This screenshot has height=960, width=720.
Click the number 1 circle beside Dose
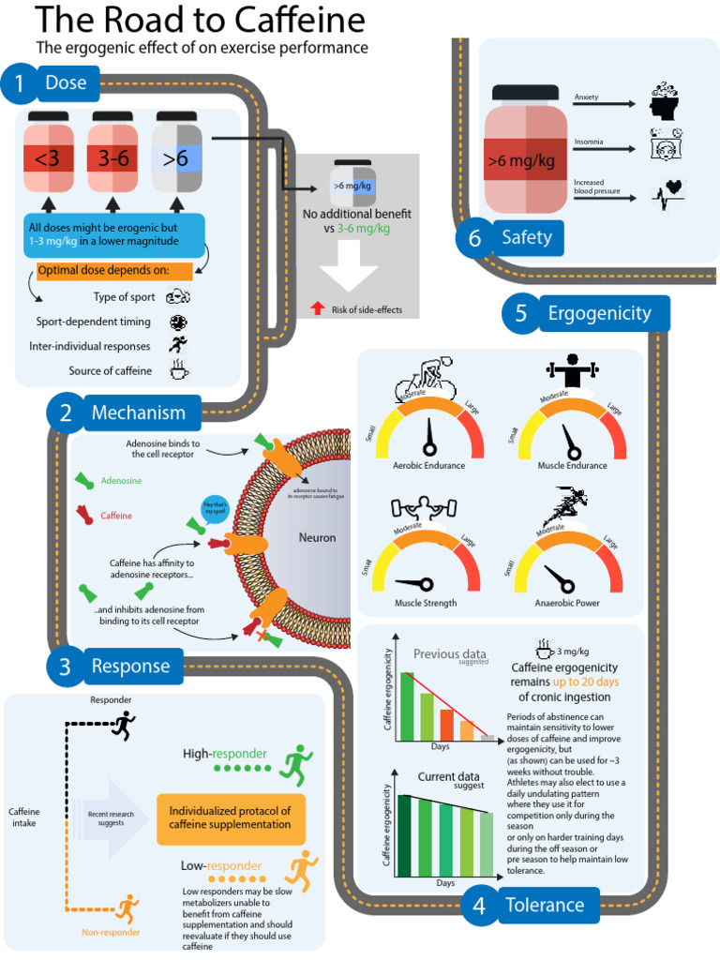(19, 84)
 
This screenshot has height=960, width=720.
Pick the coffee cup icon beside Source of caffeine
(178, 371)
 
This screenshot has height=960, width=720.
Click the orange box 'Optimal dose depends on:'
(113, 271)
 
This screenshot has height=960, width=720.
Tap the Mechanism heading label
(139, 412)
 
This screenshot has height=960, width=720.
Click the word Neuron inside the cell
(317, 537)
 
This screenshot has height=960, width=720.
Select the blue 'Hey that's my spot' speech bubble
(215, 509)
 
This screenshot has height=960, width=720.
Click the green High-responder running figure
(299, 764)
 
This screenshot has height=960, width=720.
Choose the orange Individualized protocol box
(230, 817)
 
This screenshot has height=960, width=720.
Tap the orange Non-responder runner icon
(127, 907)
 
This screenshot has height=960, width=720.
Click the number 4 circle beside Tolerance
(479, 906)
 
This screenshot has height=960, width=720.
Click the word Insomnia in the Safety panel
(589, 142)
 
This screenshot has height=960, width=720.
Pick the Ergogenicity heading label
(599, 313)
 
